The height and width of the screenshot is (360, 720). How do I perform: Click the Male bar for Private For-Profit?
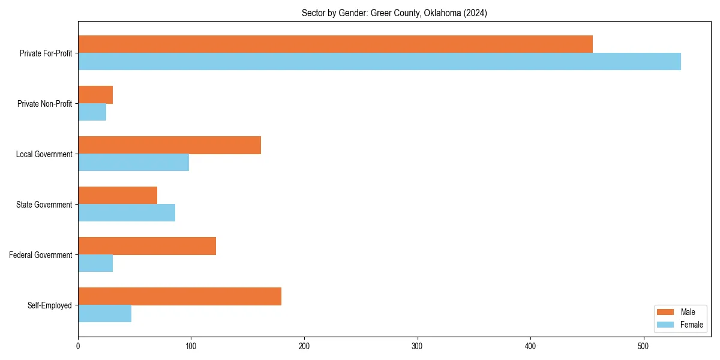335,44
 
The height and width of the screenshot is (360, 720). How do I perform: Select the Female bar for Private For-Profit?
379,62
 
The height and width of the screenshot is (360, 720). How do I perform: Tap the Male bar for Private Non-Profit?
95,95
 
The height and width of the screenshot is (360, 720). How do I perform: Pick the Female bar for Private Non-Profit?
92,112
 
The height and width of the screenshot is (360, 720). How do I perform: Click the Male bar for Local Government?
169,145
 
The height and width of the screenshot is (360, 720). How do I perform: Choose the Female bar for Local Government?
133,163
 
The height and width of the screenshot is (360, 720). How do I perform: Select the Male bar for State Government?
118,196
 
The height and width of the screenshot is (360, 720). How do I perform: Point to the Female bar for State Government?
127,213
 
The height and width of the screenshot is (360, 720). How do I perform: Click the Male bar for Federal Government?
147,246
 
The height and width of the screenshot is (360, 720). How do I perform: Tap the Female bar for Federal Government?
95,263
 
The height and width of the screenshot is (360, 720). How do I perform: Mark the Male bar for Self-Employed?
179,296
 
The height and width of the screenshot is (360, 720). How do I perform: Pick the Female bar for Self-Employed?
104,314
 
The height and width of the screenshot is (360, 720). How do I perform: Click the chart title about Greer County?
394,13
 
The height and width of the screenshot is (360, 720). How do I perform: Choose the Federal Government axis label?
41,255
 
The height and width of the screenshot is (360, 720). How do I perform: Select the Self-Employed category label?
50,305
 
